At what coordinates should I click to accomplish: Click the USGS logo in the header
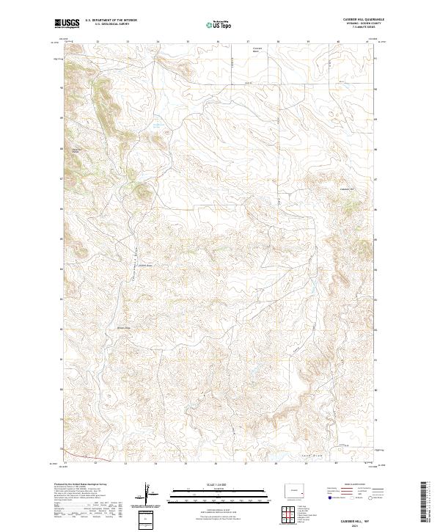coord(67,24)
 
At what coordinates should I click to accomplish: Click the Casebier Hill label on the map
coord(347,189)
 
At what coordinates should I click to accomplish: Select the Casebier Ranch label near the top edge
coord(257,50)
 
